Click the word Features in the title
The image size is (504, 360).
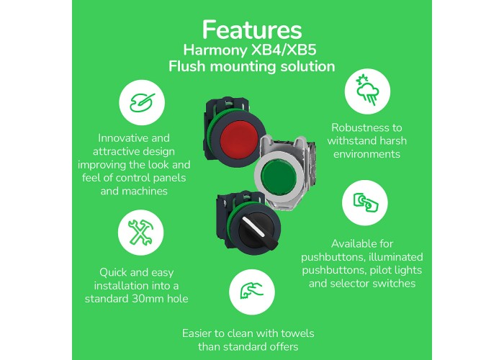click(252, 30)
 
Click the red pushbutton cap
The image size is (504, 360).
click(239, 140)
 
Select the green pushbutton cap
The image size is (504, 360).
click(279, 176)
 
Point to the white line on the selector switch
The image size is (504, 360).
click(253, 226)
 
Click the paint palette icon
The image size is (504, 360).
click(142, 102)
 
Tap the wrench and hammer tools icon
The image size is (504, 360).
click(141, 233)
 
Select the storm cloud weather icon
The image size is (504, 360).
click(368, 90)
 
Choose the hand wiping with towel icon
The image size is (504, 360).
click(252, 291)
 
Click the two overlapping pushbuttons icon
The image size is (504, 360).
click(366, 202)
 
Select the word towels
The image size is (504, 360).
click(297, 333)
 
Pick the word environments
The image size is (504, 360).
click(366, 154)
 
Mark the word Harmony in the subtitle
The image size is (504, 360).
click(214, 50)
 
